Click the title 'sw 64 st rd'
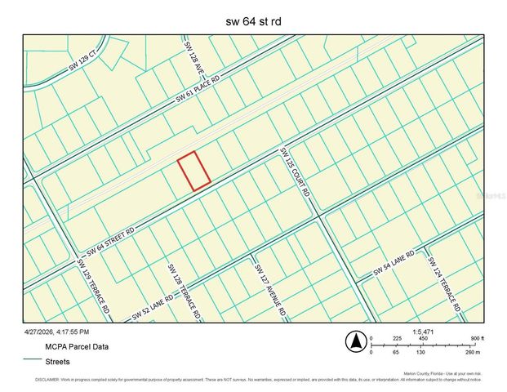(x=254, y=20)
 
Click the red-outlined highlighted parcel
(x=194, y=171)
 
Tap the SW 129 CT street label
(x=82, y=61)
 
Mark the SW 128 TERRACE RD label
(x=182, y=290)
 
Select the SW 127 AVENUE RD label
(x=270, y=290)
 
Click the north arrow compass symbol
(x=354, y=341)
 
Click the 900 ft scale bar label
(x=477, y=339)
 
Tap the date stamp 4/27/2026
(x=57, y=332)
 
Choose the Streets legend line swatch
(x=33, y=359)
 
